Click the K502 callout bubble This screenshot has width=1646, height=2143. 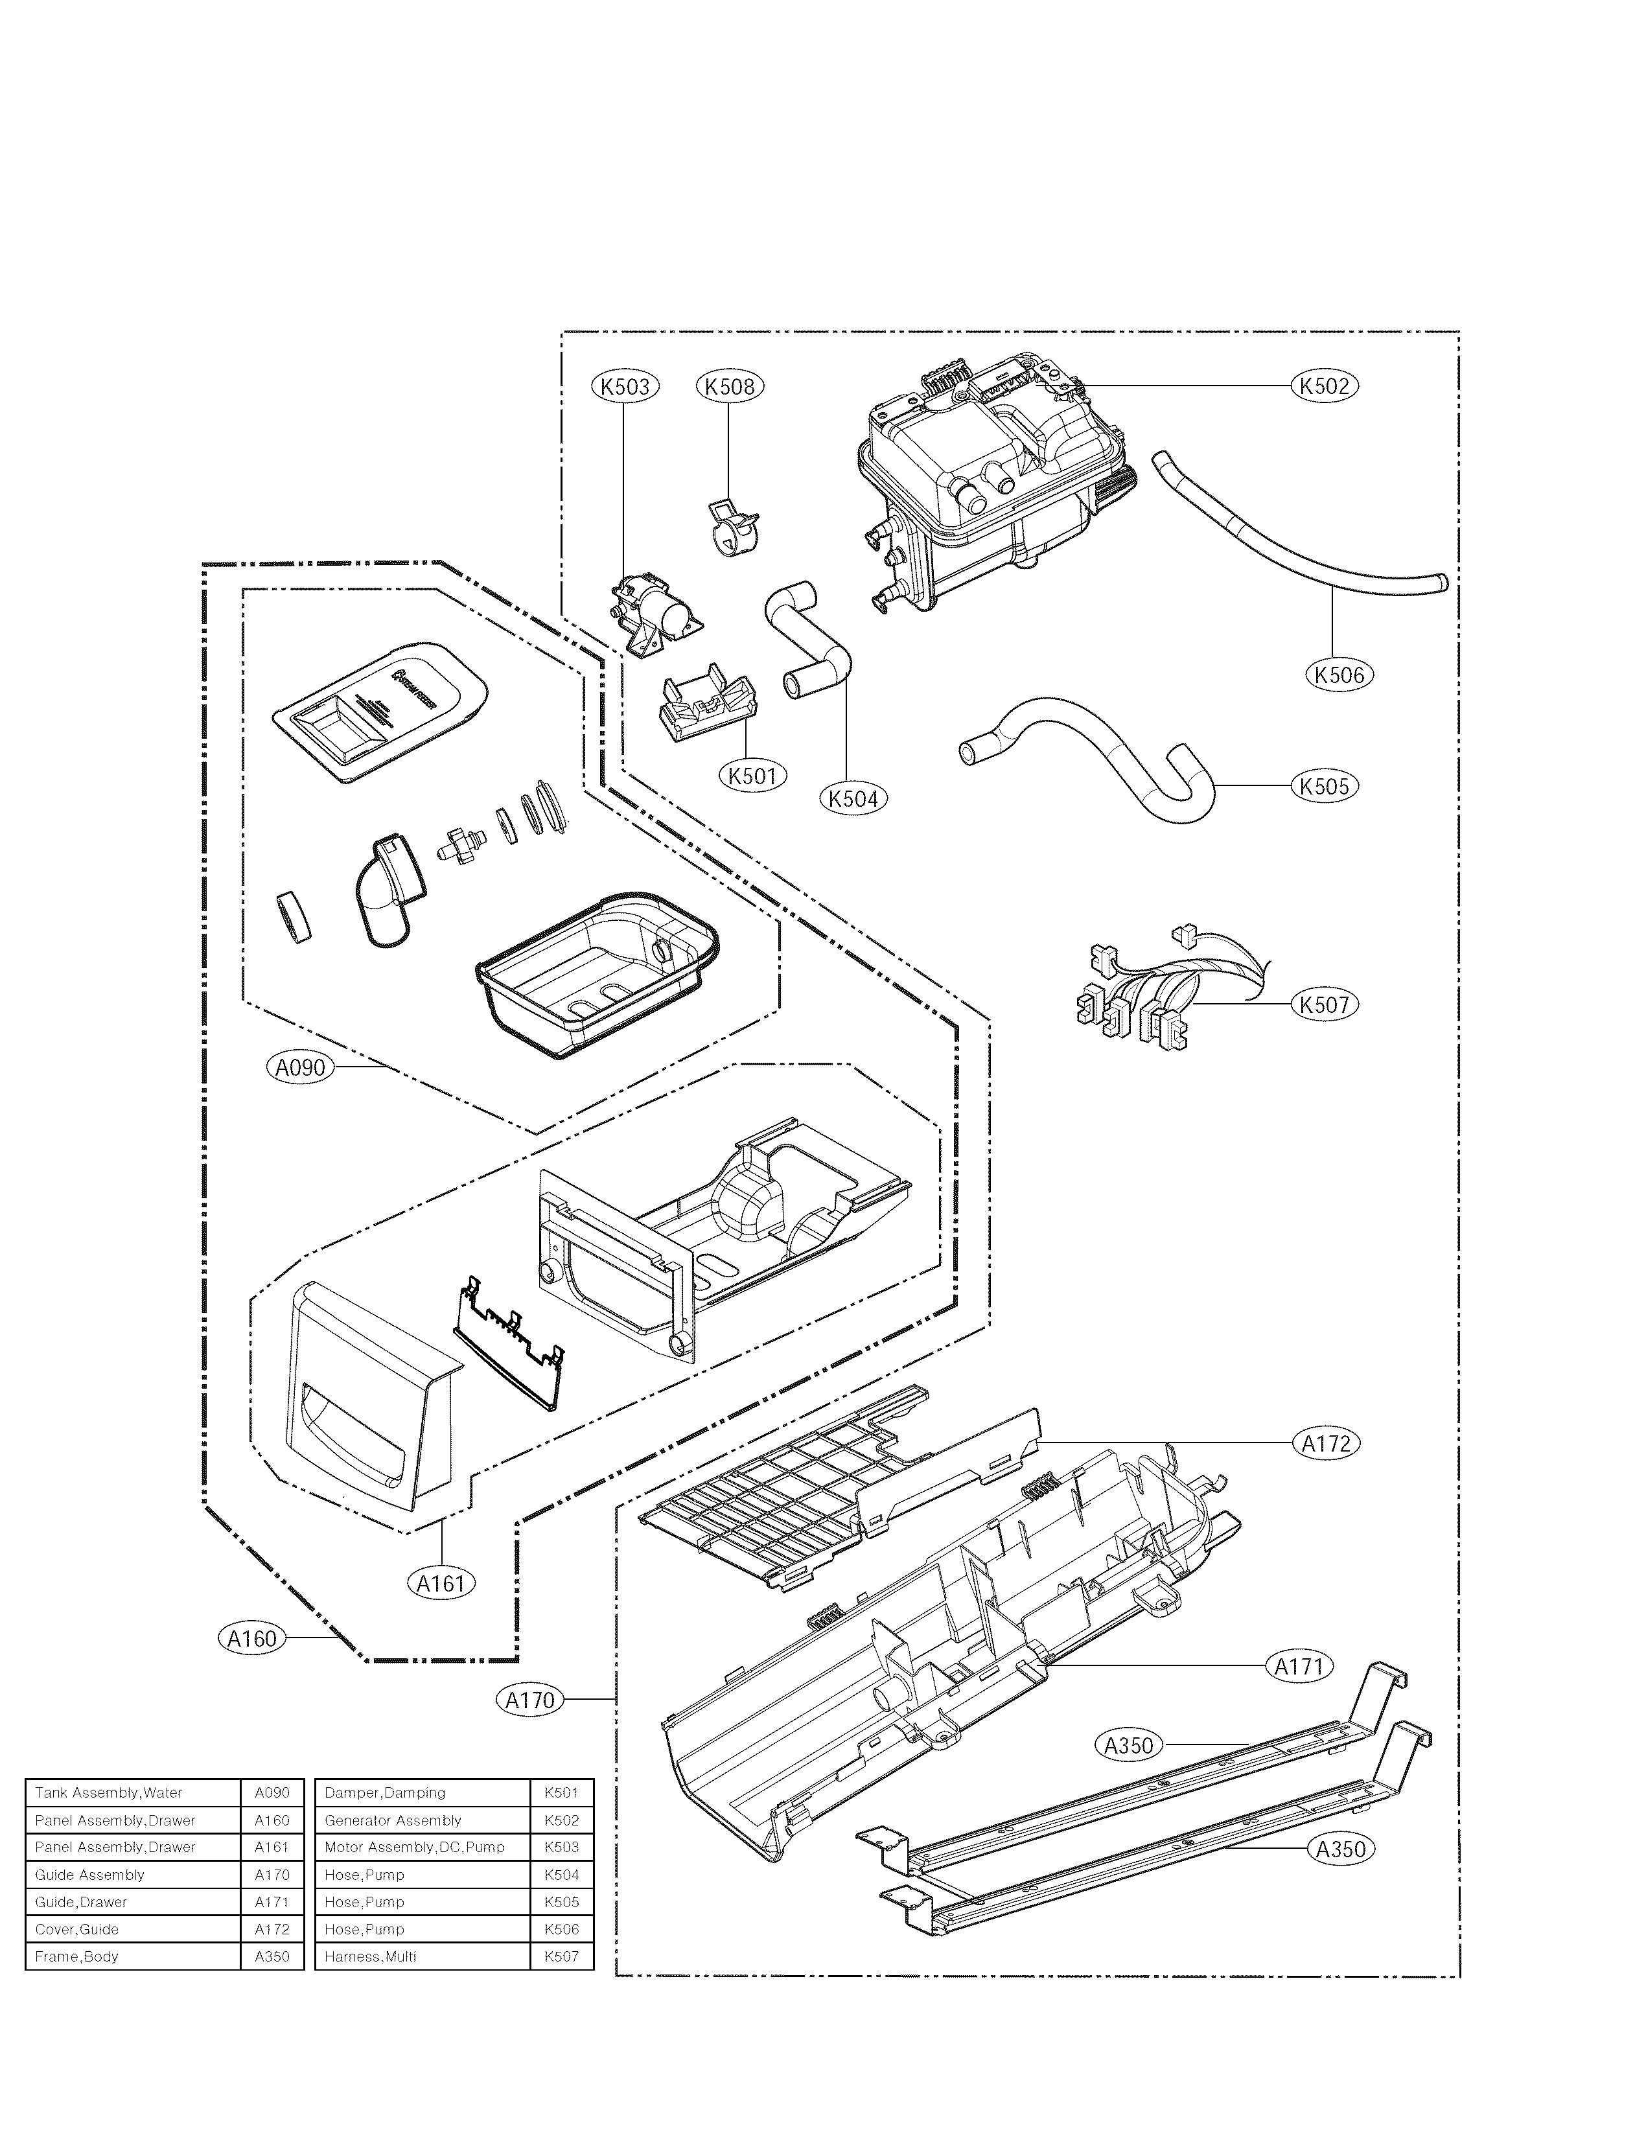[1324, 386]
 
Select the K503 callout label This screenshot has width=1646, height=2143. [625, 386]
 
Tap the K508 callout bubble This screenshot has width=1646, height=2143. [730, 386]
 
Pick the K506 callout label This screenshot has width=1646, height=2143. [1339, 674]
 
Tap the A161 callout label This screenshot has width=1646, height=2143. [441, 1582]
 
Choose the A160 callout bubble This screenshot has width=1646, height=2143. [253, 1638]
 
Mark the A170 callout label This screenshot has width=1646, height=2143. [530, 1700]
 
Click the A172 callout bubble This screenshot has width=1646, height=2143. [1326, 1443]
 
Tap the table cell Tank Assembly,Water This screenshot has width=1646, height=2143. [132, 1792]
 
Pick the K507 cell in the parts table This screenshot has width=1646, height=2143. [561, 1956]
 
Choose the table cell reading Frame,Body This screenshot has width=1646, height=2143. [132, 1956]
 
